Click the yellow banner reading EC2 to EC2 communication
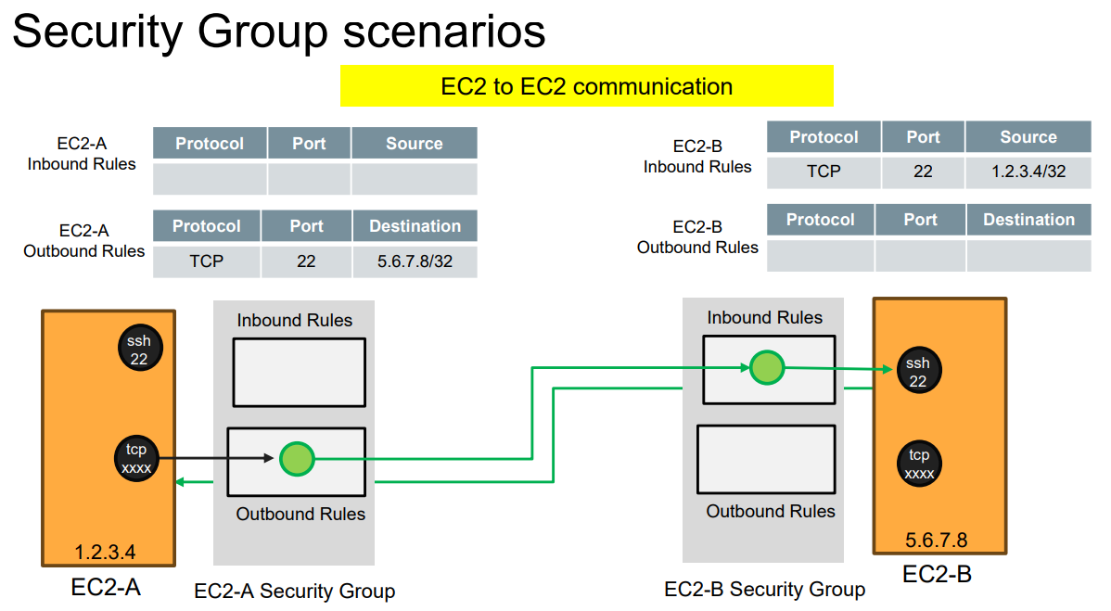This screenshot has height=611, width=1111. click(587, 86)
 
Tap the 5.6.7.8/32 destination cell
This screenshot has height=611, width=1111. click(415, 261)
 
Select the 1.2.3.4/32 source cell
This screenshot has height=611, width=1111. click(1028, 172)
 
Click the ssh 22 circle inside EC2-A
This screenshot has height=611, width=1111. click(139, 350)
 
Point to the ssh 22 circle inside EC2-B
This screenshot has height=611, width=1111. click(917, 372)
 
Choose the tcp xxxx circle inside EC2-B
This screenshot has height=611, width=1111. click(919, 464)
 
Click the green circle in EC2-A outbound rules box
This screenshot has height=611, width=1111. click(296, 458)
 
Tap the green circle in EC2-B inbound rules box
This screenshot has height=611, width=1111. click(766, 367)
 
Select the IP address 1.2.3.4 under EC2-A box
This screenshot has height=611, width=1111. click(105, 553)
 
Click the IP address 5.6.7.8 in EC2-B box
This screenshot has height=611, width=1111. click(936, 541)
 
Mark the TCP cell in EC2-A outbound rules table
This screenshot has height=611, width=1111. click(206, 261)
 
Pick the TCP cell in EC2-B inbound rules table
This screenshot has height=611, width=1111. click(824, 172)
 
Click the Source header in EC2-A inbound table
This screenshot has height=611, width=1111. click(414, 144)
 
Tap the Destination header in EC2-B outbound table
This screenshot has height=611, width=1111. click(1028, 220)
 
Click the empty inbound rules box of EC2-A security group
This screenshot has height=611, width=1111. click(299, 372)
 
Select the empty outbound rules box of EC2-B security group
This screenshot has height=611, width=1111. click(766, 459)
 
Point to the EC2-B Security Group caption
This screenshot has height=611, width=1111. click(764, 589)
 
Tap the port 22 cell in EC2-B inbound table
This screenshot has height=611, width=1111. click(923, 172)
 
